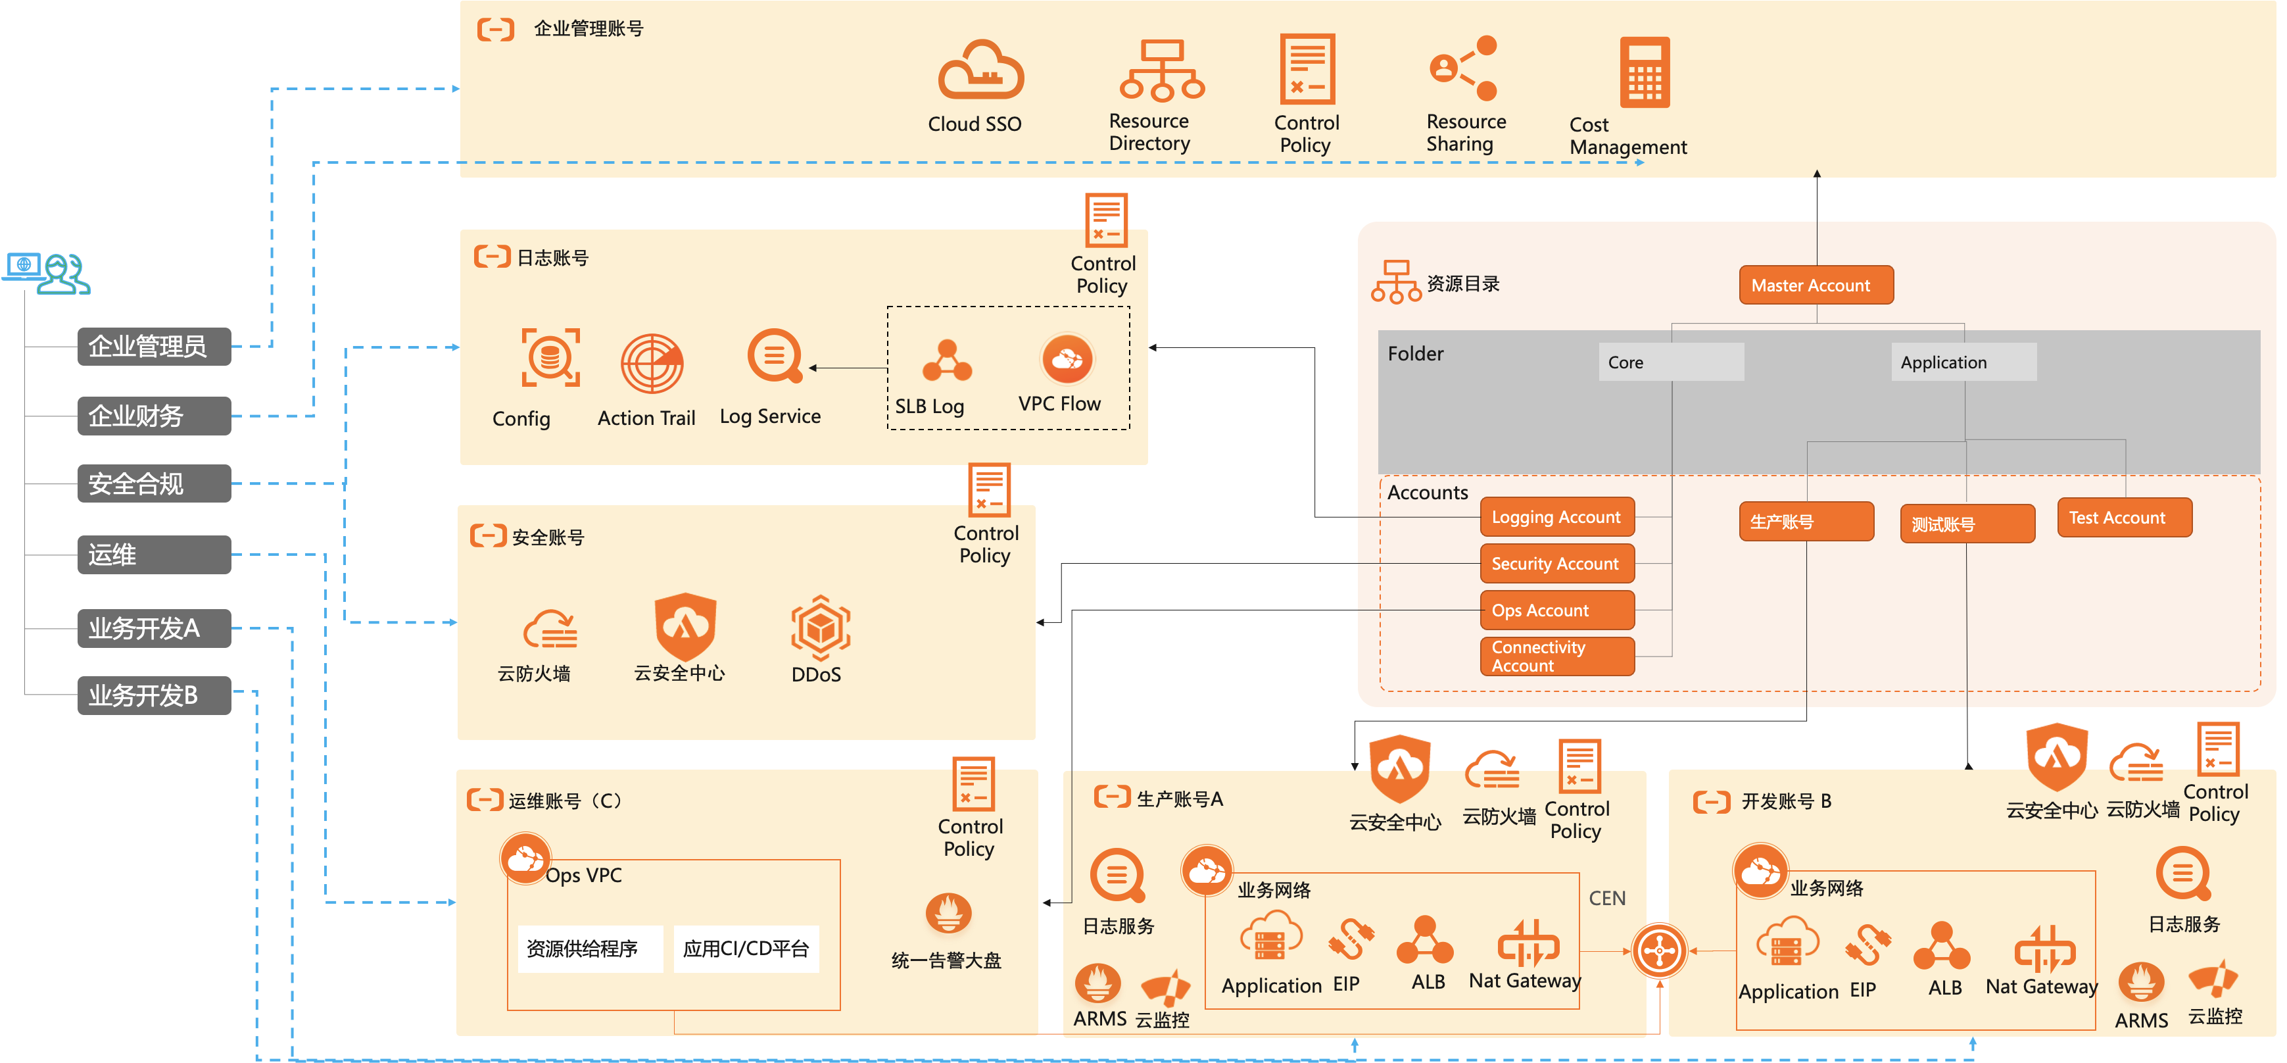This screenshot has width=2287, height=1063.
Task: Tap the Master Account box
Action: click(1816, 285)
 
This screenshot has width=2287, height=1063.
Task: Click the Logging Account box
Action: click(1557, 517)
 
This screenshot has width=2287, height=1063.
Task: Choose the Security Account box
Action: click(1557, 564)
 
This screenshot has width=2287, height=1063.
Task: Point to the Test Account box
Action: click(2125, 518)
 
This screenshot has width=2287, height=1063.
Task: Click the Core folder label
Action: click(1671, 362)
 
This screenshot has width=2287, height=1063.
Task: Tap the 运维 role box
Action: click(155, 555)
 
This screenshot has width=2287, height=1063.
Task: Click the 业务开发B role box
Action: click(155, 695)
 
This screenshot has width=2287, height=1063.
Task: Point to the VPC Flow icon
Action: click(1067, 358)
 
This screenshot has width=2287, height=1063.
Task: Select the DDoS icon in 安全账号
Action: click(821, 628)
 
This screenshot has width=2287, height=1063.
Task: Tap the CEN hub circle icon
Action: click(1658, 951)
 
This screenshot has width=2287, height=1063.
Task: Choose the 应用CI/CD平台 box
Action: click(746, 949)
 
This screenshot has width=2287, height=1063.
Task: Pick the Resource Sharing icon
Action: click(1463, 68)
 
